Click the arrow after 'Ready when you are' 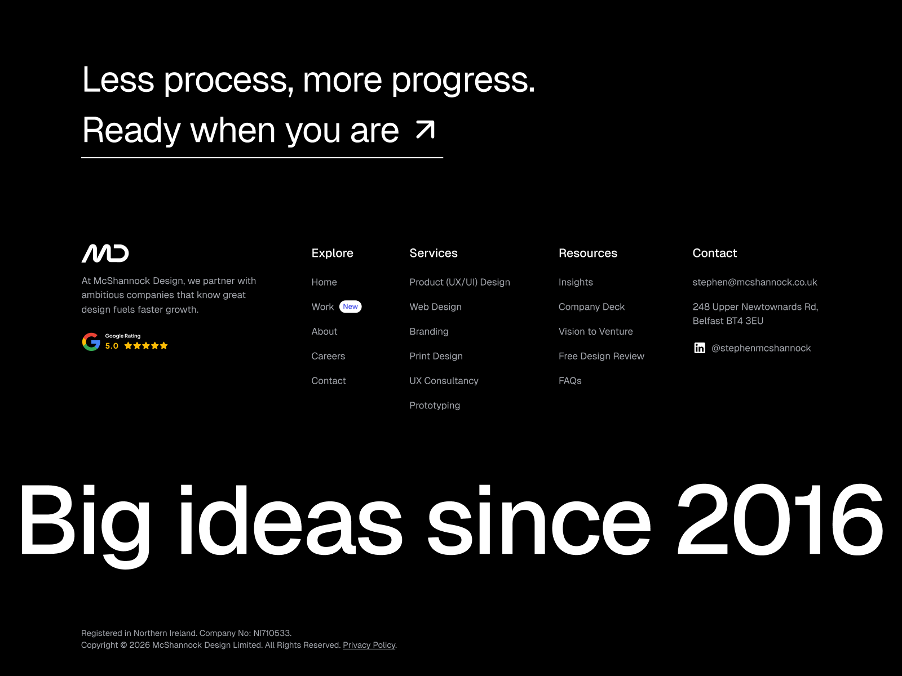pyautogui.click(x=425, y=130)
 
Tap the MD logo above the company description pyautogui.click(x=105, y=253)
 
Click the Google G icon pyautogui.click(x=91, y=342)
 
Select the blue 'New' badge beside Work pyautogui.click(x=350, y=306)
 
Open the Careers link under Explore pyautogui.click(x=328, y=356)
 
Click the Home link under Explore pyautogui.click(x=324, y=282)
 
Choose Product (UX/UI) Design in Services pyautogui.click(x=459, y=282)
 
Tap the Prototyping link pyautogui.click(x=434, y=406)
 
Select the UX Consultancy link pyautogui.click(x=444, y=380)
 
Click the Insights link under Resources pyautogui.click(x=576, y=282)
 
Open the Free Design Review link pyautogui.click(x=601, y=356)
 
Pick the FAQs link pyautogui.click(x=569, y=380)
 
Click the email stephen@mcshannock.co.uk pyautogui.click(x=754, y=282)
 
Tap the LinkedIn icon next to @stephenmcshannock pyautogui.click(x=700, y=348)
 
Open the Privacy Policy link pyautogui.click(x=369, y=645)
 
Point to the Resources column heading pyautogui.click(x=587, y=253)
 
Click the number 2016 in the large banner pyautogui.click(x=780, y=519)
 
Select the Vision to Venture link pyautogui.click(x=595, y=331)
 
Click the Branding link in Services pyautogui.click(x=428, y=331)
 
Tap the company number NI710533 pyautogui.click(x=272, y=633)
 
